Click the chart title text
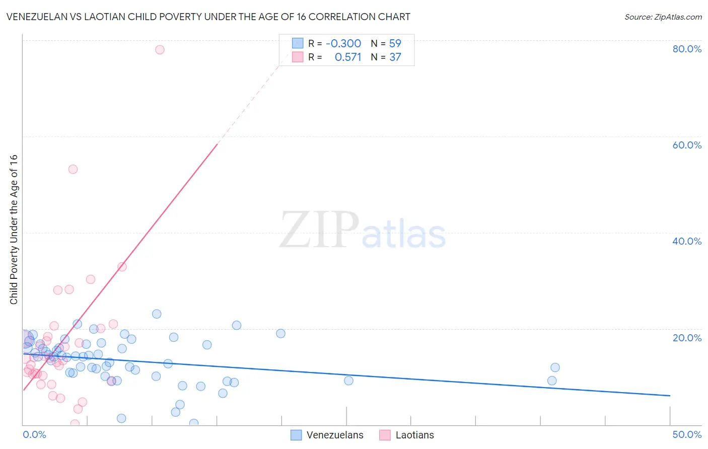[208, 17]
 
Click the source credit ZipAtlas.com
[663, 17]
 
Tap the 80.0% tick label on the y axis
[687, 49]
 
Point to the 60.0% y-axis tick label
[687, 145]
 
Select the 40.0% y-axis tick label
[687, 241]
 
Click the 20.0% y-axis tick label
[687, 338]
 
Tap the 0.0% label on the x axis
[34, 434]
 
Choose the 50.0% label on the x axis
[687, 434]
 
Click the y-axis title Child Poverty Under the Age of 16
[14, 229]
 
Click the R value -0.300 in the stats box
[343, 43]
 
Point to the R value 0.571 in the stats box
[348, 57]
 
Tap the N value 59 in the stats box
[395, 43]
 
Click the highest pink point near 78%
[160, 49]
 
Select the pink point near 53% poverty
[73, 169]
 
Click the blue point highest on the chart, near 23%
[157, 314]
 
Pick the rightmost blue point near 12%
[555, 367]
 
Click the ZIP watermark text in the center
[319, 231]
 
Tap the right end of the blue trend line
[670, 396]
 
